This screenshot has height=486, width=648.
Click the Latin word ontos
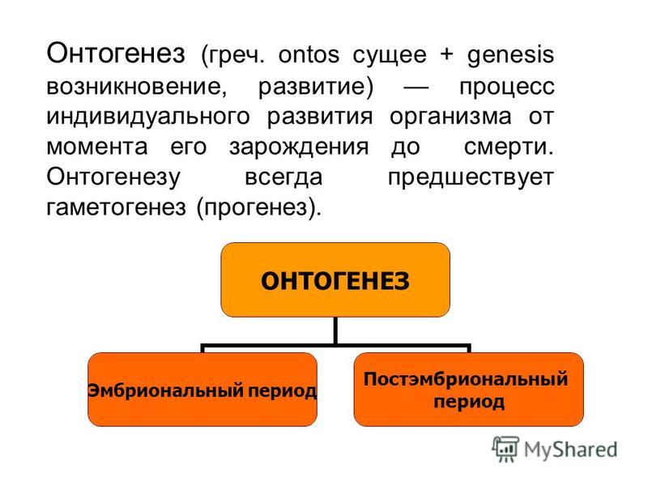[x=309, y=55]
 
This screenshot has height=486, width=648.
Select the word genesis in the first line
[x=510, y=55]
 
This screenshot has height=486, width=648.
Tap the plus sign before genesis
[x=446, y=55]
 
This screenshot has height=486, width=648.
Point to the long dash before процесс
[x=416, y=87]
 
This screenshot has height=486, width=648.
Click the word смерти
[x=509, y=147]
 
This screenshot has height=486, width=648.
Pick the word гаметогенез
[x=116, y=207]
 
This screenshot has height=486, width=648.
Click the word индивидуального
[x=148, y=117]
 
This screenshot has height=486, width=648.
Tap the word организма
[x=450, y=117]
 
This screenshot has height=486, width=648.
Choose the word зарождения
[x=299, y=147]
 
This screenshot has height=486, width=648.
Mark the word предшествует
[x=471, y=177]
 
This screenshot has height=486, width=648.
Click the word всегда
[x=283, y=177]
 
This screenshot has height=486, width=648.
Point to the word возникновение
[x=137, y=87]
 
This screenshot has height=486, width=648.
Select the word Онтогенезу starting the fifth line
[x=113, y=177]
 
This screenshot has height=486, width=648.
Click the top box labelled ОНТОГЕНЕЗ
[x=335, y=279]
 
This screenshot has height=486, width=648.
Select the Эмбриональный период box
[x=202, y=390]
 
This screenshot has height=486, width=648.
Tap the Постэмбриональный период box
[x=469, y=390]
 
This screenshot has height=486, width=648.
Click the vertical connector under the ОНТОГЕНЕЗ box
[x=335, y=330]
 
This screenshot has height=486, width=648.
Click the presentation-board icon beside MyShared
[x=505, y=449]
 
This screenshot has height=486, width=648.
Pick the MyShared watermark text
[x=570, y=450]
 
